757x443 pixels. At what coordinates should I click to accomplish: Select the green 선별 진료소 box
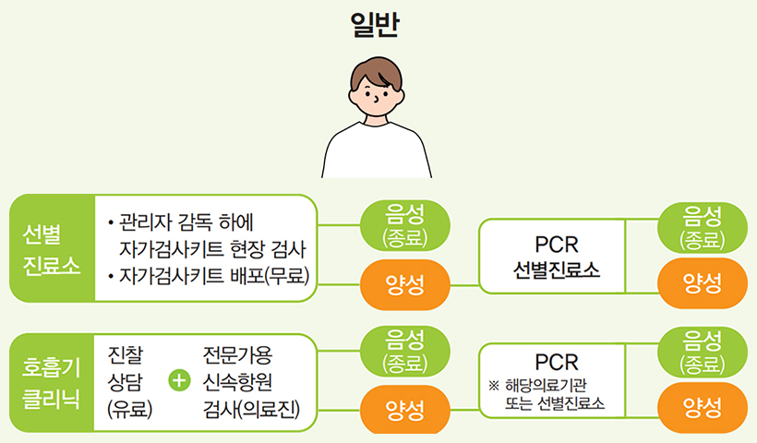52,248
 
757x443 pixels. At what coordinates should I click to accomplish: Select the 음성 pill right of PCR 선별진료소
702,225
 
